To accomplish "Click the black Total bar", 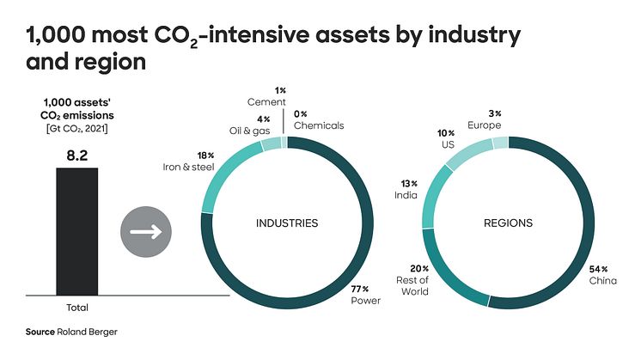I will [x=77, y=230].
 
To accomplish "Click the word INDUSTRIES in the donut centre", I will [x=287, y=223].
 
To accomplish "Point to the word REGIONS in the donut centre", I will [x=508, y=223].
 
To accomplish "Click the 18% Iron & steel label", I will [x=190, y=161].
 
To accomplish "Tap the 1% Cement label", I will [x=266, y=97].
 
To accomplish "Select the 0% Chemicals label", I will [x=318, y=119].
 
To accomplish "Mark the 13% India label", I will [x=406, y=189].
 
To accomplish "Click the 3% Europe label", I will [x=484, y=119].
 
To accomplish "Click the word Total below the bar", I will [x=77, y=307].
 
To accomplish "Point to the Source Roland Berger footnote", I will [x=64, y=332].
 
